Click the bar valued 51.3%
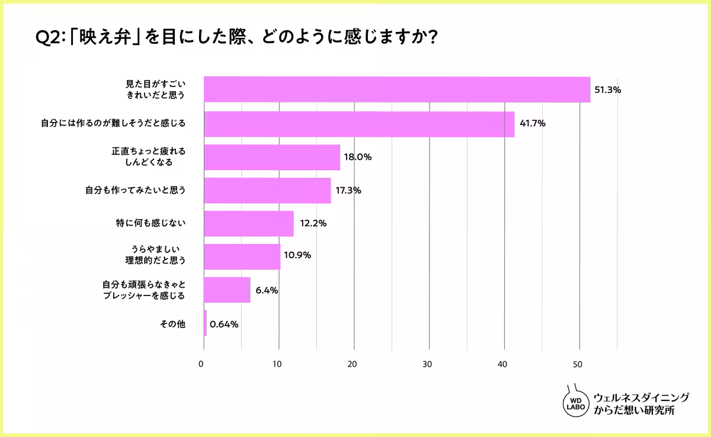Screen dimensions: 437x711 pyautogui.click(x=397, y=90)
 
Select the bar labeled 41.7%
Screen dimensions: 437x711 pyautogui.click(x=359, y=124)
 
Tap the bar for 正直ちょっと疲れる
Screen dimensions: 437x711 pyautogui.click(x=272, y=158)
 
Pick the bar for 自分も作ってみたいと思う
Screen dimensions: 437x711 pyautogui.click(x=267, y=191)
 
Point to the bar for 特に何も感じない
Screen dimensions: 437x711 pyautogui.click(x=249, y=223)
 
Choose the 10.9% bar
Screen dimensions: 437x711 pyautogui.click(x=242, y=256)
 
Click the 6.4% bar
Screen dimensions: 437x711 pyautogui.click(x=227, y=290)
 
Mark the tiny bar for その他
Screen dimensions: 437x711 pyautogui.click(x=205, y=323)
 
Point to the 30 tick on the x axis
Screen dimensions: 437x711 pyautogui.click(x=429, y=364)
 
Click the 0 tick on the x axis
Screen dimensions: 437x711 pyautogui.click(x=203, y=364)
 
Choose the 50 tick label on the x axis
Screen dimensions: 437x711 pyautogui.click(x=579, y=364)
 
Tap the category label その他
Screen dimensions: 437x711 pyautogui.click(x=174, y=323)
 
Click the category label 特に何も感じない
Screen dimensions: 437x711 pyautogui.click(x=151, y=223)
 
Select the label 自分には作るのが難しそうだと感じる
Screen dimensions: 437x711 pyautogui.click(x=113, y=124)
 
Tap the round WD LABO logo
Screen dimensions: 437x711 pyautogui.click(x=575, y=403)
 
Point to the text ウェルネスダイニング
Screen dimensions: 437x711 pyautogui.click(x=641, y=397)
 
